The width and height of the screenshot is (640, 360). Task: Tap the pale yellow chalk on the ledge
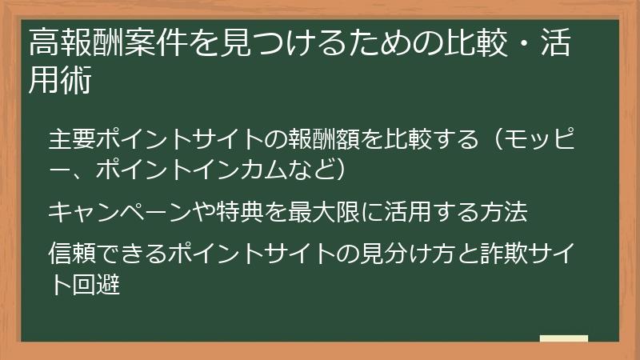[564, 339]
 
